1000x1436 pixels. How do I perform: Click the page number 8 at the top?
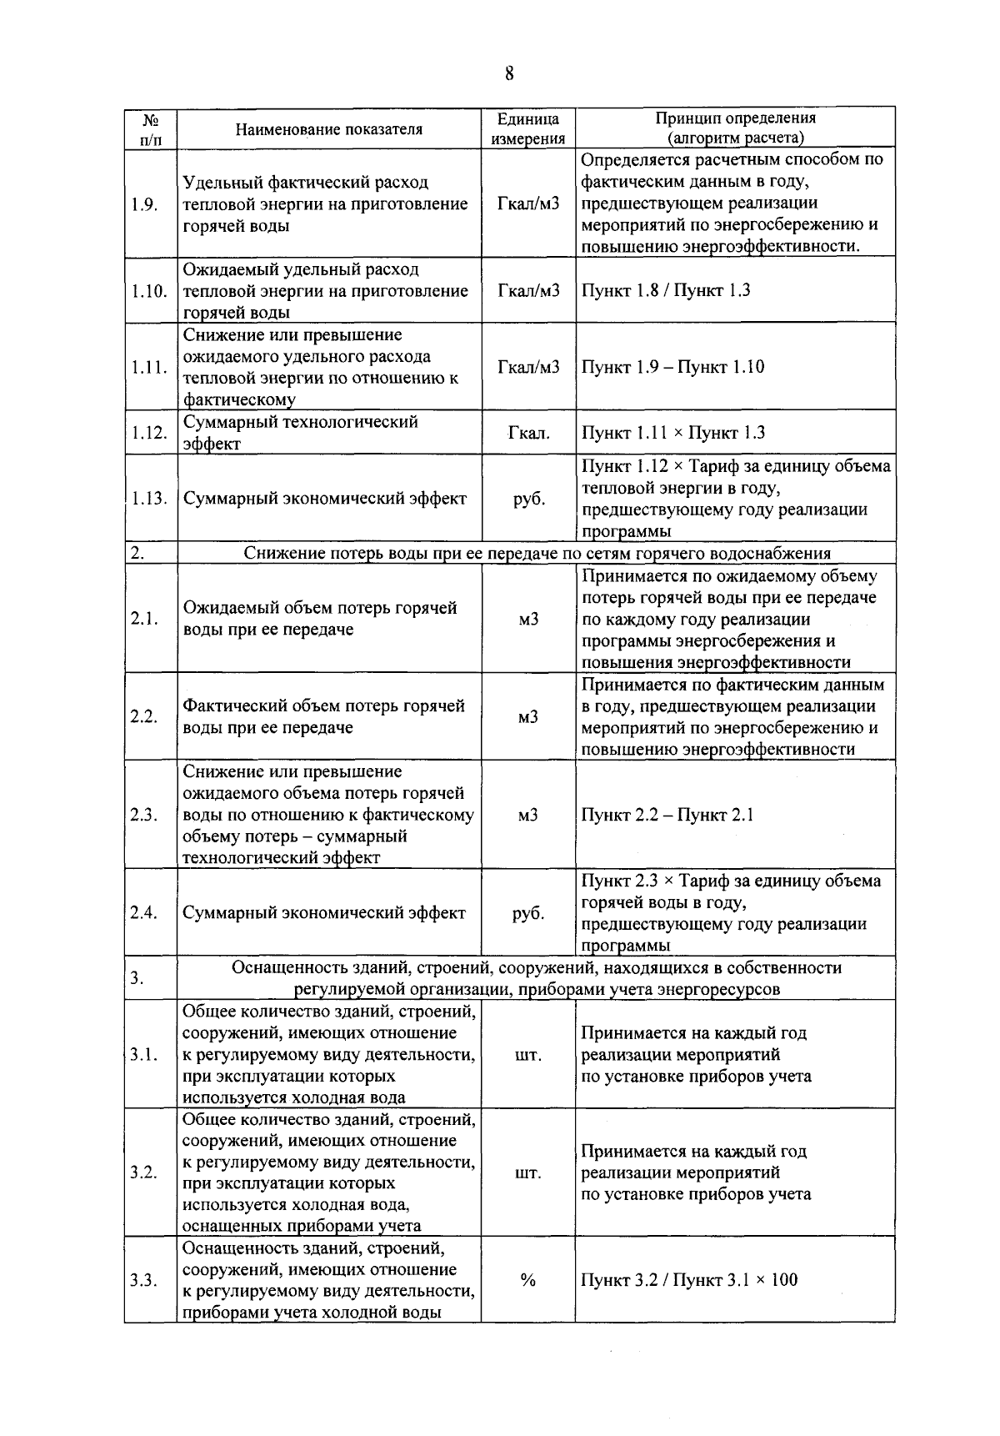[508, 74]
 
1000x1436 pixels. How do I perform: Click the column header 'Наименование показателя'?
[328, 129]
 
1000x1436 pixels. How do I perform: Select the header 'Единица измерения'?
[527, 129]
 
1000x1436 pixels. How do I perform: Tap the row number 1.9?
[144, 204]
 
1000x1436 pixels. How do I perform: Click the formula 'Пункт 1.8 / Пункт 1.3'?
[665, 290]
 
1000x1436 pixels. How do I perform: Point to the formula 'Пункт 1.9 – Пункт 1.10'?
[672, 367]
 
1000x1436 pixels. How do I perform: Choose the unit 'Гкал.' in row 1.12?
[528, 433]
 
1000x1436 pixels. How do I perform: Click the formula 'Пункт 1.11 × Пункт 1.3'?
[672, 433]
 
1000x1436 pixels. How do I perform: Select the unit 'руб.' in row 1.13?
[528, 499]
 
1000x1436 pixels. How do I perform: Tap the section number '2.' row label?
[137, 553]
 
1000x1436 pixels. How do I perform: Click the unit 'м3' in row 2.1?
[528, 619]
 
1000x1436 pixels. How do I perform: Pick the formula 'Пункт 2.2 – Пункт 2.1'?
[667, 815]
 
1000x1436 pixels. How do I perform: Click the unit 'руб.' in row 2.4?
[528, 913]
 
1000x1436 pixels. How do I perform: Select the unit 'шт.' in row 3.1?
[528, 1055]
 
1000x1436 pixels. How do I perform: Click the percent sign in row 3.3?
[527, 1280]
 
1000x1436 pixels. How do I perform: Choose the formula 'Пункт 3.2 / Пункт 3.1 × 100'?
[688, 1280]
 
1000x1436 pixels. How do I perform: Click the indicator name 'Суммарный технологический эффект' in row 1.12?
[300, 433]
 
